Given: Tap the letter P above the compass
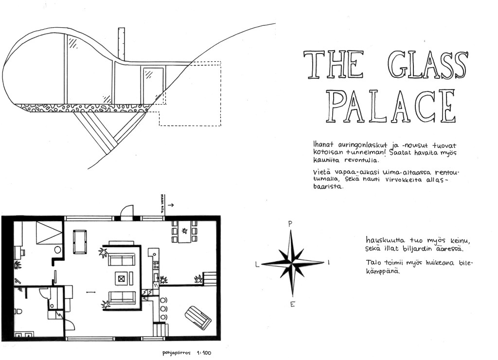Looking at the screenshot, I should [290, 224].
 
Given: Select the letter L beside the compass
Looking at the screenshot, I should [257, 264].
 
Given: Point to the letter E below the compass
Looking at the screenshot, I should [292, 305].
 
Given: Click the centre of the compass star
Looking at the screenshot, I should [292, 263].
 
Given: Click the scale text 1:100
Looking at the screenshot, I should [205, 352].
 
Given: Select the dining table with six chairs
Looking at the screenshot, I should [183, 232].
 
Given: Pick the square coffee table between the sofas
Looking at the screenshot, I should [121, 278].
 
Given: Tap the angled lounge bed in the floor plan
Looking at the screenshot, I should [198, 317].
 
